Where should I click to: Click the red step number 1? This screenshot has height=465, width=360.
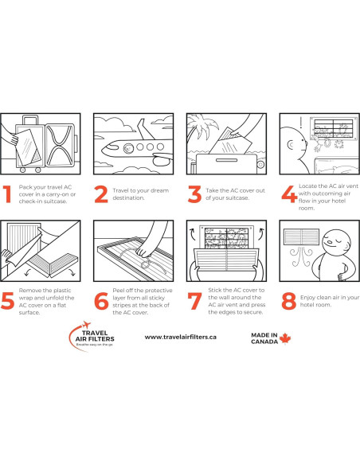pos(7,194)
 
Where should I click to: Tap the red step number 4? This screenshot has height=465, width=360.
pos(289,194)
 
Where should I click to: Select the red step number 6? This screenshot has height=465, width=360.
pos(101,301)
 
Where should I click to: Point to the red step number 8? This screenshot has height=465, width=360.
pos(289,301)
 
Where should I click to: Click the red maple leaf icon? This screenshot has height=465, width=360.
pos(285,338)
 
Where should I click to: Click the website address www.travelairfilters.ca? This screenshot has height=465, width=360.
pos(180,337)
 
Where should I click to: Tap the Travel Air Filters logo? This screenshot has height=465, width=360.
pos(92,336)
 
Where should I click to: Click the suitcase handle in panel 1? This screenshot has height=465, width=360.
pos(30,120)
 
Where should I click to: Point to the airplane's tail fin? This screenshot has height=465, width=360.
pos(144,129)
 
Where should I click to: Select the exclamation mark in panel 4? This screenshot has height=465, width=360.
pos(301,122)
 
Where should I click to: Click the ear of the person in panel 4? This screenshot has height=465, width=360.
pos(291,145)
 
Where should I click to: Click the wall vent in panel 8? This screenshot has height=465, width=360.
pos(301,236)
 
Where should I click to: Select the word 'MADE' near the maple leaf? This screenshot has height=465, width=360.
pos(260,335)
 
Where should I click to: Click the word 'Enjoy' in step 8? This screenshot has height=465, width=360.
pos(307,298)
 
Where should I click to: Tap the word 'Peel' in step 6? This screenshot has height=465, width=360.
pos(119,291)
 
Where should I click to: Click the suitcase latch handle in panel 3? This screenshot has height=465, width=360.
pos(226,160)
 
